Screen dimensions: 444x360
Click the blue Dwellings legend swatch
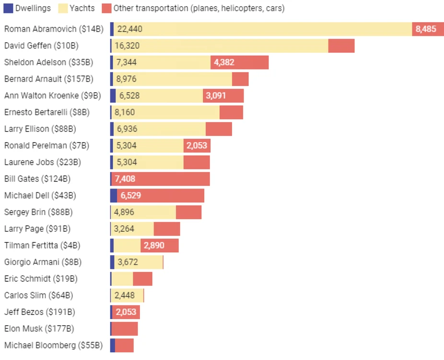(8, 8)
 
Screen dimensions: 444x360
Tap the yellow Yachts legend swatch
(63, 8)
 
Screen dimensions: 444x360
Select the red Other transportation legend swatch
(106, 8)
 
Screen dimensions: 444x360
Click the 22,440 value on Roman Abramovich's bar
(129, 29)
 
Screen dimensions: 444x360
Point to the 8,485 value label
(426, 29)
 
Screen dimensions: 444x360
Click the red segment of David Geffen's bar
(341, 46)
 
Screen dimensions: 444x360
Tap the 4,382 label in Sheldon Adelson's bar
(224, 62)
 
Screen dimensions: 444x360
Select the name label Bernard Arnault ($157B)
(49, 79)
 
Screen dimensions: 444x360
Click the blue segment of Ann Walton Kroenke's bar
(113, 96)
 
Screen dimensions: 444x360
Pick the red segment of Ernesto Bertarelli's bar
(231, 112)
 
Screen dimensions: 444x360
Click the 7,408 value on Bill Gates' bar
(125, 179)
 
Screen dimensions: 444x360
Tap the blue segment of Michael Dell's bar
(114, 195)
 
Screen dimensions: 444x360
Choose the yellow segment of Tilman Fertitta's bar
(127, 245)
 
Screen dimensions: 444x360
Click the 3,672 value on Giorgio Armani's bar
(128, 262)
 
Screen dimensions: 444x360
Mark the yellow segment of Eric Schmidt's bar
(122, 279)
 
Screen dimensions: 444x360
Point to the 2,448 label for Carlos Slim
(125, 295)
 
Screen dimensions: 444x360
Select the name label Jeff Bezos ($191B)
(40, 312)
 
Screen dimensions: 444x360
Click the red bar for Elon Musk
(125, 329)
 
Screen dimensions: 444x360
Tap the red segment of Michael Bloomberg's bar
(124, 345)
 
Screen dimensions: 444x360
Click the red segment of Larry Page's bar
(167, 229)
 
